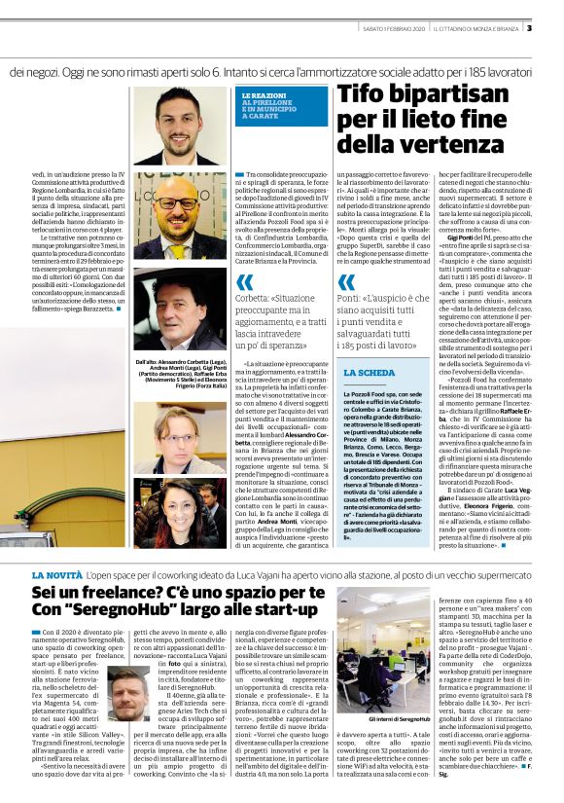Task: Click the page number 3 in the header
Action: (x=555, y=27)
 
